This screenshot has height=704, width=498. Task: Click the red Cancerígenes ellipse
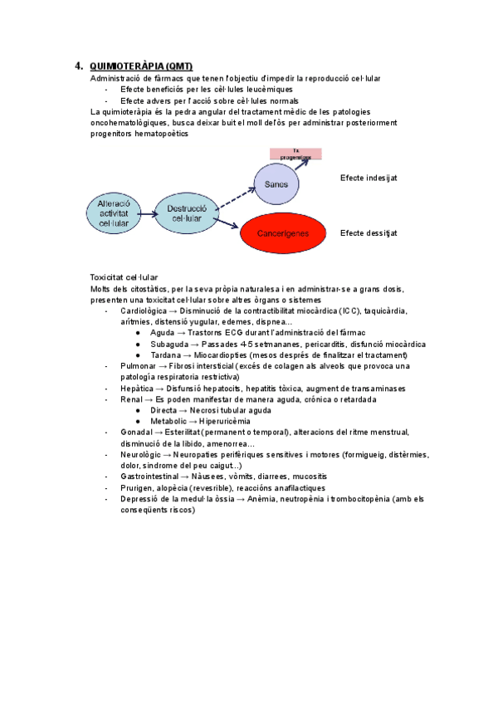pyautogui.click(x=282, y=233)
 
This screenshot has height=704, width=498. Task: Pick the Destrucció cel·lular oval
pyautogui.click(x=186, y=213)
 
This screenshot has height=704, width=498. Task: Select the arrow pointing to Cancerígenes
pyautogui.click(x=228, y=222)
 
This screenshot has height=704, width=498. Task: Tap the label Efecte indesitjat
pyautogui.click(x=369, y=178)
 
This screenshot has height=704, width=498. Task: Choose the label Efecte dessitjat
pyautogui.click(x=369, y=233)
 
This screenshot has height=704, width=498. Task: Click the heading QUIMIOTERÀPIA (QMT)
pyautogui.click(x=140, y=66)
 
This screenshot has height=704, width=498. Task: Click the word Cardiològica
pyautogui.click(x=143, y=310)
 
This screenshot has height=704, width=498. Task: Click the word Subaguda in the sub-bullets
pyautogui.click(x=168, y=344)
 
